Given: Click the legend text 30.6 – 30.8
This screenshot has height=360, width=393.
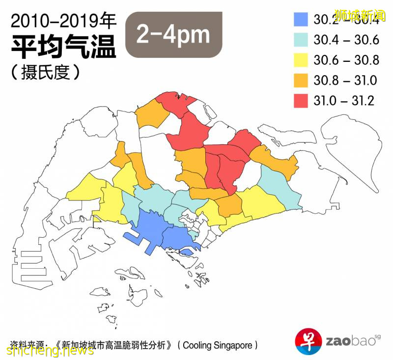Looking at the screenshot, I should click(346, 60).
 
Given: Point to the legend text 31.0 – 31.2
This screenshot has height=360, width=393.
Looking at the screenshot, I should click(344, 101).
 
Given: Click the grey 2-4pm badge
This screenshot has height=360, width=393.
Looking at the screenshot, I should click(173, 34).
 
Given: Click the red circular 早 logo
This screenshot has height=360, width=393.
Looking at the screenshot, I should click(308, 340).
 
